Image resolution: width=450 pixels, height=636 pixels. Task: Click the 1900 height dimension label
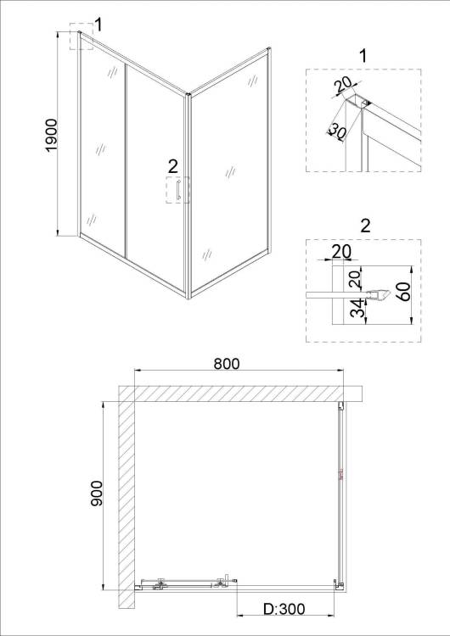click(52, 136)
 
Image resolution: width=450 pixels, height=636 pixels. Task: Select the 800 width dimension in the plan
click(227, 364)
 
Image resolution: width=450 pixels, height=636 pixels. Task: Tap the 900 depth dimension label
click(97, 494)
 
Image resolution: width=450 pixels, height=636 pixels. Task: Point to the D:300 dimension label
click(284, 609)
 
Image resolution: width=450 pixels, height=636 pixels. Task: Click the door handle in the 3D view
click(178, 190)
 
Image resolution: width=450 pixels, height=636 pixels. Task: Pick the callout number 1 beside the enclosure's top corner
click(98, 25)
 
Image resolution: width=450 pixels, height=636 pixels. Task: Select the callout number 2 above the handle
click(172, 166)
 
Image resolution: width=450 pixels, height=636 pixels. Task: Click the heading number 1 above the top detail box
click(363, 56)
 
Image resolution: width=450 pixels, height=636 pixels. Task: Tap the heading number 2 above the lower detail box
click(366, 226)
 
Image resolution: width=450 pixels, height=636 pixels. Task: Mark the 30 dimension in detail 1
click(337, 131)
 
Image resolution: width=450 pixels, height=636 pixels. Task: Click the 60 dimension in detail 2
click(403, 292)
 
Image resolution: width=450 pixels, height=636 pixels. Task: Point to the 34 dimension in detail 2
click(357, 309)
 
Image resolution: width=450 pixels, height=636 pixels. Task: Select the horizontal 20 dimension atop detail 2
click(341, 252)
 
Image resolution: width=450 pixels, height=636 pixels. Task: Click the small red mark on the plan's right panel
click(341, 475)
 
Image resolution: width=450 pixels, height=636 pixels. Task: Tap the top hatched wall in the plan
click(240, 393)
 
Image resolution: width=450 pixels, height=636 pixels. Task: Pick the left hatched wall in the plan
click(127, 496)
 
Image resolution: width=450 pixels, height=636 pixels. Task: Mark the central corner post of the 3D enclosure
click(188, 197)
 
